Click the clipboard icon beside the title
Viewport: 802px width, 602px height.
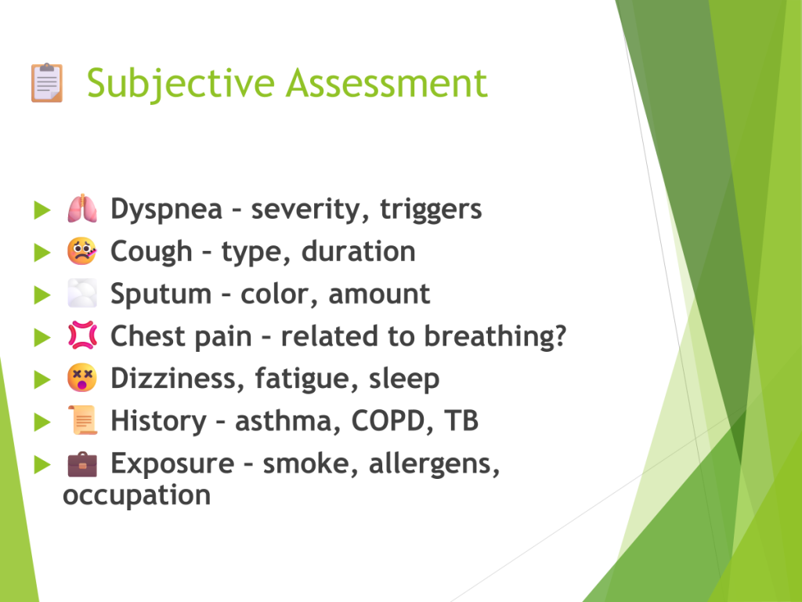[47, 82]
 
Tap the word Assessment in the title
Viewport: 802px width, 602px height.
[387, 83]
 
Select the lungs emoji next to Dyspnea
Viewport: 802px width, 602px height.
[81, 209]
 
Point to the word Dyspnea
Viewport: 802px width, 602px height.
[167, 210]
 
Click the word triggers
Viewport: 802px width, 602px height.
[431, 210]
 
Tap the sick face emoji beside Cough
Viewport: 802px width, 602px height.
[81, 252]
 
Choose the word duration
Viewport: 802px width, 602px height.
[358, 252]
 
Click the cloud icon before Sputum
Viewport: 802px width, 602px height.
[81, 293]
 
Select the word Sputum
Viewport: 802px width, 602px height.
[161, 295]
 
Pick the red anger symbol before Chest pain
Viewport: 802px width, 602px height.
[81, 335]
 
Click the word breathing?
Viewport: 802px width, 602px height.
[495, 337]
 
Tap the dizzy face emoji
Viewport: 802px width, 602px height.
[81, 379]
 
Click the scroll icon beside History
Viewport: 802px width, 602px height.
[82, 420]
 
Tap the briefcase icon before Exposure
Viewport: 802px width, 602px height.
[81, 464]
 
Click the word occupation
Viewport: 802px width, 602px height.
[136, 496]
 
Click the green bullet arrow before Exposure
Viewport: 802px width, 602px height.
[42, 464]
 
